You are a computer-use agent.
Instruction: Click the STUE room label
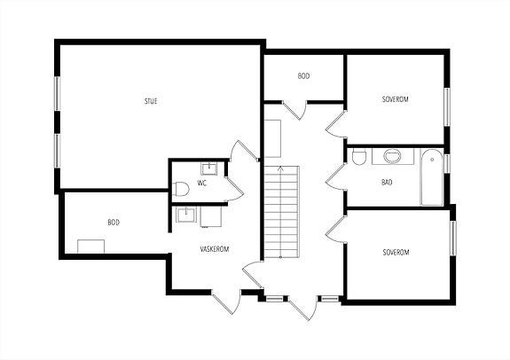(x=151, y=101)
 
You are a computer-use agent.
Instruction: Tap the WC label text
(x=202, y=183)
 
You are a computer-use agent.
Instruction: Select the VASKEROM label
(x=215, y=249)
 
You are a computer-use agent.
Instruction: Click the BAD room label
(x=387, y=182)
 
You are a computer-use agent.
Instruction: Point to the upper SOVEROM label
(x=396, y=99)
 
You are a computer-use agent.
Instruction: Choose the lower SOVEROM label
(x=396, y=253)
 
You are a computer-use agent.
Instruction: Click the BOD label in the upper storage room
(x=304, y=75)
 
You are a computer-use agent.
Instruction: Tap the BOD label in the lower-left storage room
(x=114, y=223)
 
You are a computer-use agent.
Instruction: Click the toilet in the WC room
(x=181, y=189)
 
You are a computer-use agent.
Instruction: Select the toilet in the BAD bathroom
(x=358, y=158)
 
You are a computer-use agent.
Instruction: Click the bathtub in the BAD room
(x=432, y=177)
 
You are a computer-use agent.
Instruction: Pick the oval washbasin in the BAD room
(x=393, y=156)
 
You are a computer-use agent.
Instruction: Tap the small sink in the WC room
(x=208, y=169)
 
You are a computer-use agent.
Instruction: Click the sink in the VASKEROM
(x=186, y=215)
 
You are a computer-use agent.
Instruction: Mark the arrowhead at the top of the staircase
(x=280, y=168)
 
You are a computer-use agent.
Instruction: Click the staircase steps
(x=281, y=212)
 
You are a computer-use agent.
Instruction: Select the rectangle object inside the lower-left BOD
(x=91, y=247)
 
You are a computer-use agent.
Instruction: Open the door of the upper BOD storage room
(x=294, y=110)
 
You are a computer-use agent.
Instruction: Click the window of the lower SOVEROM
(x=452, y=238)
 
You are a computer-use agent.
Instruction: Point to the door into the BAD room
(x=335, y=177)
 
